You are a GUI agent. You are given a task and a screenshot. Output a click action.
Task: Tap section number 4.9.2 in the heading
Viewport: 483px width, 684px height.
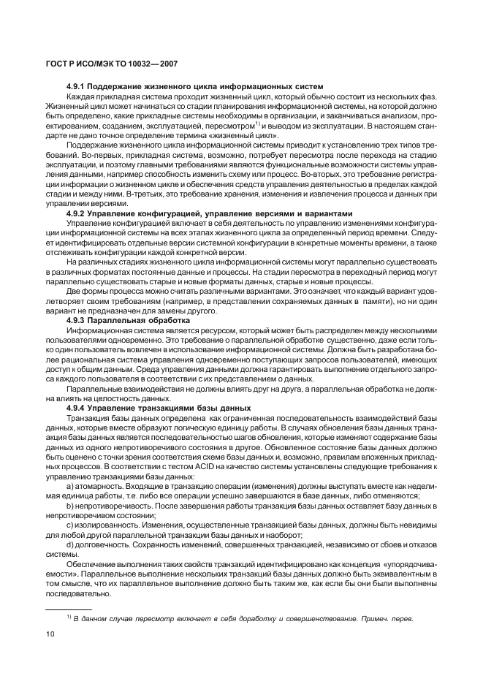[x=77, y=213]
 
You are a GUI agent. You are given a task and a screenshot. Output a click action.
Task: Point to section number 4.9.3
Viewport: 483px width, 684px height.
[x=77, y=320]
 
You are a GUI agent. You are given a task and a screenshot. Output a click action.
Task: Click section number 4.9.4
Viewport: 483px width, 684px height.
[x=77, y=407]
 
